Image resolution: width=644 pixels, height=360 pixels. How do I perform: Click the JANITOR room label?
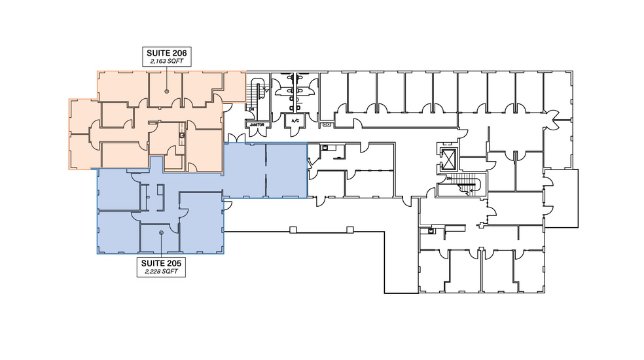tap(255, 122)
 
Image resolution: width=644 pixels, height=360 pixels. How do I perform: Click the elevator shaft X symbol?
tap(449, 160)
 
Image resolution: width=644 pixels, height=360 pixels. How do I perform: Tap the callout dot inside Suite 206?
tap(166, 91)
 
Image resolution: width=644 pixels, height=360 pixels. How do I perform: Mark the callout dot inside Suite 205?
tap(161, 232)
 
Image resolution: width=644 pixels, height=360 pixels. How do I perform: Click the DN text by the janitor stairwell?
tap(250, 109)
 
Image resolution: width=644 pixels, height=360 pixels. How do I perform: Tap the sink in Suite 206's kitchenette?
tap(181, 135)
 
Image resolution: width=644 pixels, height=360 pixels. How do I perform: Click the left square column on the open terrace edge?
tap(293, 228)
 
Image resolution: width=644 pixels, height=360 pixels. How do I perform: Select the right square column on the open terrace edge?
tap(350, 228)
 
